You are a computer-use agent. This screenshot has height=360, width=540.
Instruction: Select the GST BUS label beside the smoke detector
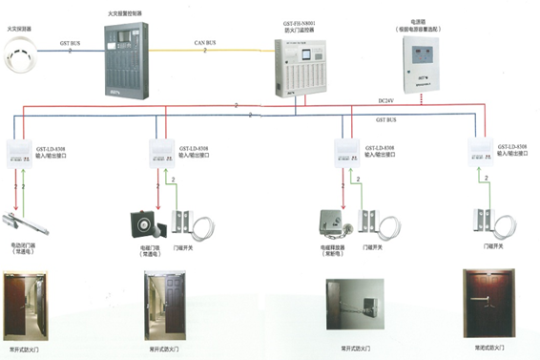pos(69,42)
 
